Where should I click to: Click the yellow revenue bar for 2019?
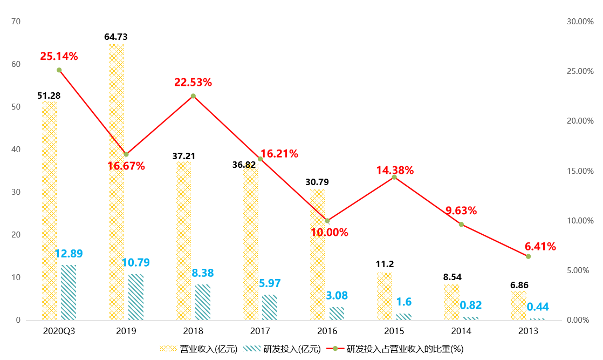(117, 182)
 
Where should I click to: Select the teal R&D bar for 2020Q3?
(68, 293)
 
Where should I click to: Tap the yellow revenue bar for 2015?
(385, 296)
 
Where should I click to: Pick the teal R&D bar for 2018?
(203, 302)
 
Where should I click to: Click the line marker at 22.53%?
(193, 96)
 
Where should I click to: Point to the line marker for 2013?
(529, 256)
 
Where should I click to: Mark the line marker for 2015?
(394, 177)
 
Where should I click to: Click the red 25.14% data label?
(59, 56)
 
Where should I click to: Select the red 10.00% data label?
(330, 232)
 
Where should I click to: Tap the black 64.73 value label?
(116, 37)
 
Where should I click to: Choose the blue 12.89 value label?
(69, 253)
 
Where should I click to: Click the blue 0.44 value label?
(538, 307)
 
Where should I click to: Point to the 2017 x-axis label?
(260, 331)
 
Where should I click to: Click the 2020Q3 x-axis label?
(59, 331)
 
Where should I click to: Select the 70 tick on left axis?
(16, 22)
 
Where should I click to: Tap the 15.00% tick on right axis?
(580, 171)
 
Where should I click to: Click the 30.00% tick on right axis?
(580, 22)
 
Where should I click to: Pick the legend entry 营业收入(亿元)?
(199, 349)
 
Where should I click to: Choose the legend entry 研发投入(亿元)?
(282, 349)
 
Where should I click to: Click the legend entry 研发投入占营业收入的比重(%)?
(395, 349)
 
